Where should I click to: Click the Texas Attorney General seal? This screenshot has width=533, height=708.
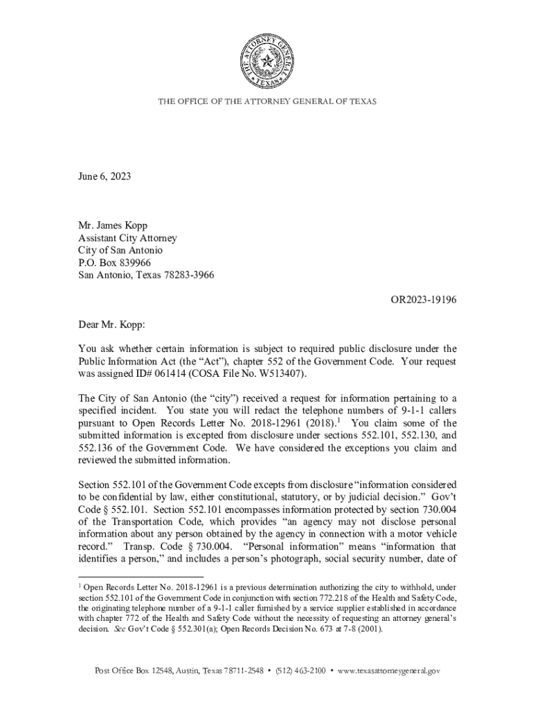tap(266, 63)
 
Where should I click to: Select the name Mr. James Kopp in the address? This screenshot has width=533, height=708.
tap(113, 225)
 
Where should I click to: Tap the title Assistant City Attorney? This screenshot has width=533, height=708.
tap(127, 238)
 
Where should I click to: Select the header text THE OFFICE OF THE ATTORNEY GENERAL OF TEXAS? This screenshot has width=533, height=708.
tap(267, 102)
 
